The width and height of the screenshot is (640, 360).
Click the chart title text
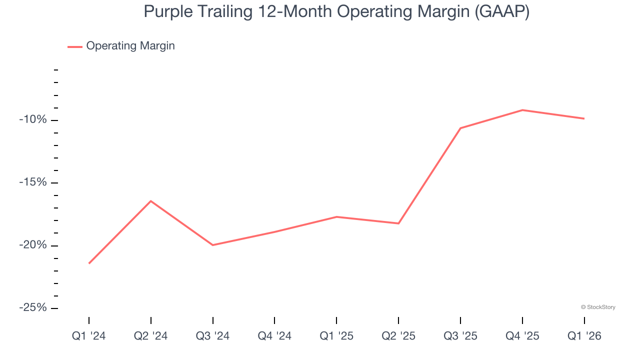(336, 11)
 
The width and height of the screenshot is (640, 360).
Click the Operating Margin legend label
(130, 46)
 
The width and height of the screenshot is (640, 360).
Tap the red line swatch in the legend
(75, 46)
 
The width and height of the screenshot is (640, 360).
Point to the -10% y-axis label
(32, 120)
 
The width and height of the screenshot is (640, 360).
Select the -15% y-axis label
(32, 182)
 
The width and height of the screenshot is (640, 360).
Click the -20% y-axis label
(32, 245)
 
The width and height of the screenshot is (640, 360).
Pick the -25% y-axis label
(32, 308)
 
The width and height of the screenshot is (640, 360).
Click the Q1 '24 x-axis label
(89, 336)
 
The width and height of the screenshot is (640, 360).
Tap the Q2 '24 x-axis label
(151, 336)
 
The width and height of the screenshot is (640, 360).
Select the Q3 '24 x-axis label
(213, 336)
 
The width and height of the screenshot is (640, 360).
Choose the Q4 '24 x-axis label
(274, 336)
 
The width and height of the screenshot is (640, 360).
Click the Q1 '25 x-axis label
(336, 336)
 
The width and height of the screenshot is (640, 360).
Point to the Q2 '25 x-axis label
(398, 336)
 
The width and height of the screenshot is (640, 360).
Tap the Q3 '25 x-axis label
(460, 336)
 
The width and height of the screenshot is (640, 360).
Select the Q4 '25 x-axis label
(522, 336)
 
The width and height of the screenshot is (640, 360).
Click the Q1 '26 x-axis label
(584, 336)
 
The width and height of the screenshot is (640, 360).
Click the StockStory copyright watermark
(598, 307)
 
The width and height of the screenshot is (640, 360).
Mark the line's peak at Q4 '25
(522, 110)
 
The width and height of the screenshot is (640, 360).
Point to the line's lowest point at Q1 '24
(89, 263)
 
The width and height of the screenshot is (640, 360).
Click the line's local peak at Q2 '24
(151, 201)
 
